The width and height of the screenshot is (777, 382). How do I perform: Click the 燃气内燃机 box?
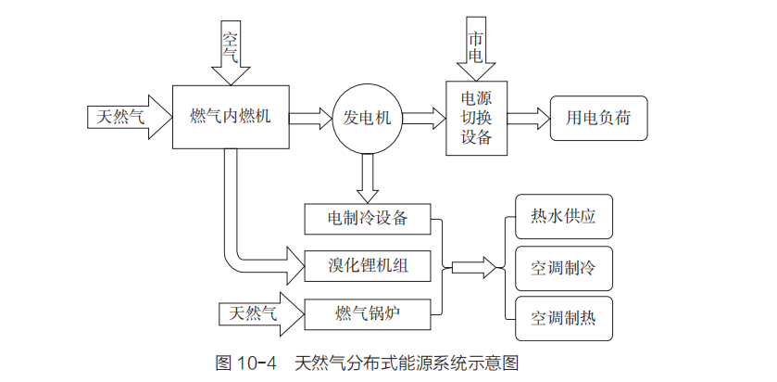tap(230, 116)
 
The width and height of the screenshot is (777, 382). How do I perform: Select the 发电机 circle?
tap(368, 118)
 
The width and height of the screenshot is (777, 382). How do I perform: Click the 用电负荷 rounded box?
tap(597, 118)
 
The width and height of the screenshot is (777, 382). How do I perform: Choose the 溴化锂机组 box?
tap(368, 266)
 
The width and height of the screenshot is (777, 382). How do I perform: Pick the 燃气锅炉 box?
tap(368, 312)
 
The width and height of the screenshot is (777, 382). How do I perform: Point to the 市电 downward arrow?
tap(475, 52)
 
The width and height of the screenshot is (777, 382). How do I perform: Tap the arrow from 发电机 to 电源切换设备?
tap(424, 118)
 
